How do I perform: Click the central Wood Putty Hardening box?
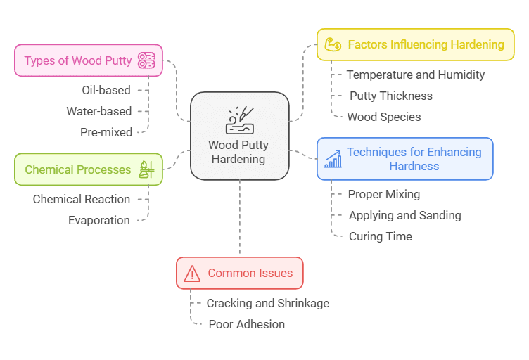(240, 136)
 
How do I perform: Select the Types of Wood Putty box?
(88, 60)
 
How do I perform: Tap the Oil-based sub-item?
(106, 89)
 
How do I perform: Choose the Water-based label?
(98, 110)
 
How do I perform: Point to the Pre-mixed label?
(106, 131)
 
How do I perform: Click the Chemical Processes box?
(88, 169)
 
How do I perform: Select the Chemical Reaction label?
(81, 199)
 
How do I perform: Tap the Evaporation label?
(98, 220)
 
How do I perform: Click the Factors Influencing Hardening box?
(415, 44)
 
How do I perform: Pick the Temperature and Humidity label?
(415, 75)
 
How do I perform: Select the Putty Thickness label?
(390, 96)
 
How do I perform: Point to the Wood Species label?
(384, 117)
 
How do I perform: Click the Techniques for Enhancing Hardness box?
(404, 159)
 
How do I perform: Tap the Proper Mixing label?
(383, 194)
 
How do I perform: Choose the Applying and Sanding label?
(404, 215)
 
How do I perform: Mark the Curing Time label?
(380, 236)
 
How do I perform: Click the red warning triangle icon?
(192, 274)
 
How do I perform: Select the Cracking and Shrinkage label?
(267, 303)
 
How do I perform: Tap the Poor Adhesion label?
(246, 324)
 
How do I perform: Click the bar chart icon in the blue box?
(333, 159)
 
